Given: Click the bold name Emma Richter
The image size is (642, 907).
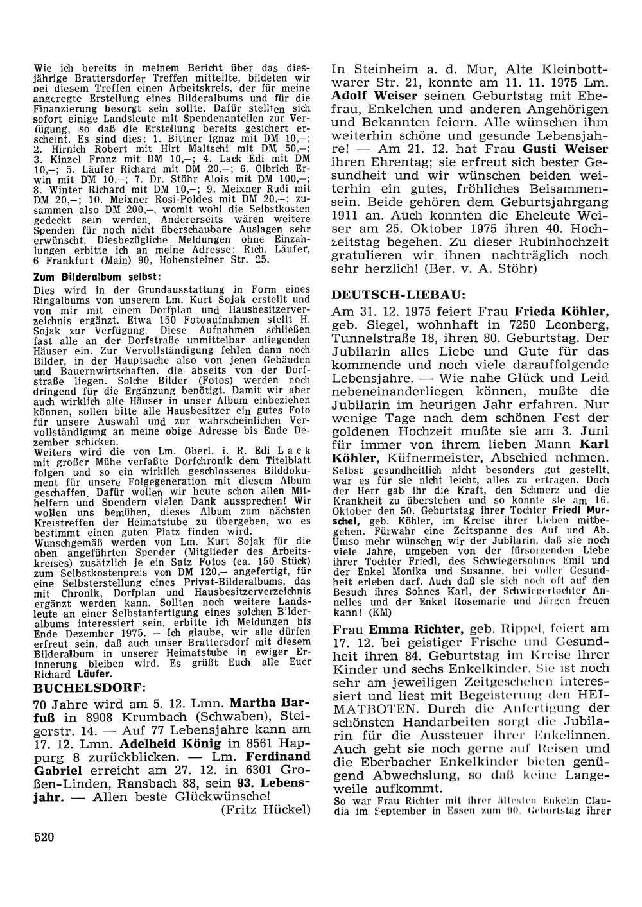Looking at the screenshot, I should point(404,628).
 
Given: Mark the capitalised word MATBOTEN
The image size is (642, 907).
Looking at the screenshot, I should point(372,709).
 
